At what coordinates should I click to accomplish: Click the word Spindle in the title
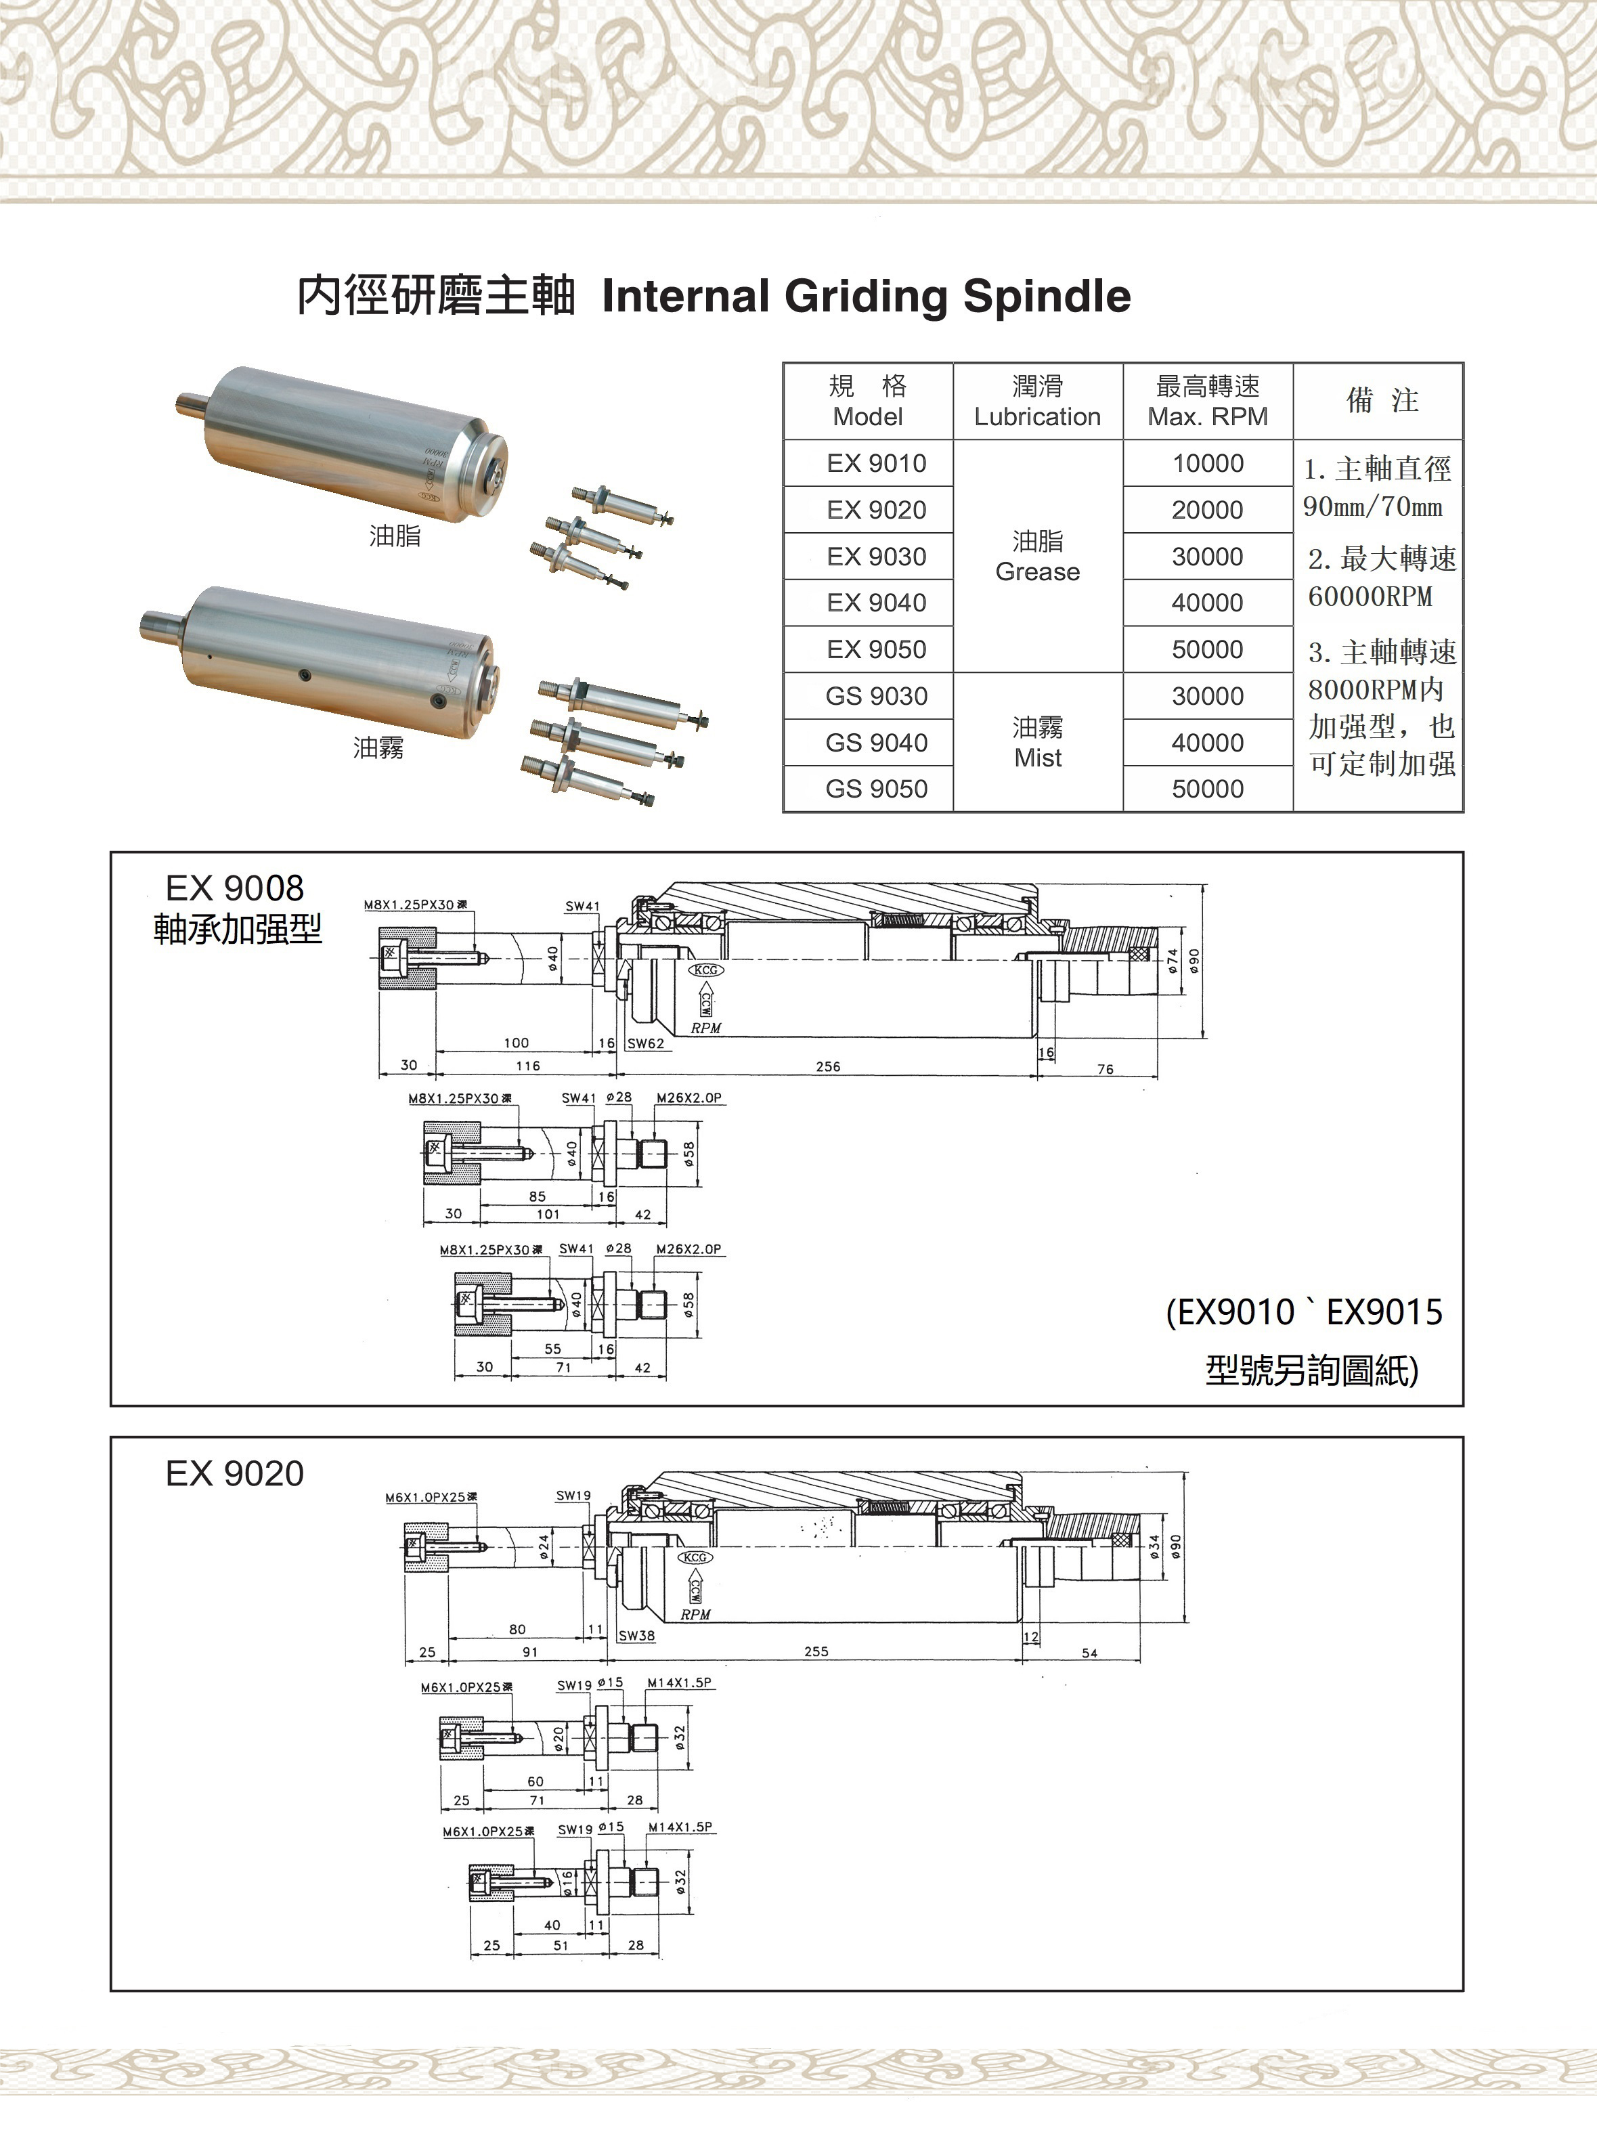[1046, 296]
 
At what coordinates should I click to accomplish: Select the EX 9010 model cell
[876, 464]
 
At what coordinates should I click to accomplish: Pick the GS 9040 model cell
[876, 743]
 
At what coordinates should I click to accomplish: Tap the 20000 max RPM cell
[1208, 510]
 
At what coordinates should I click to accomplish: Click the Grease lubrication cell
[1037, 557]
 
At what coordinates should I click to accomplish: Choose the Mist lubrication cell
[1037, 743]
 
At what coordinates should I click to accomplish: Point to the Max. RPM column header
[1208, 401]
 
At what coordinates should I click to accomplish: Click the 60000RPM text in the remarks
[1370, 596]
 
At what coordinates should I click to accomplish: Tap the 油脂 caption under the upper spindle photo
[395, 536]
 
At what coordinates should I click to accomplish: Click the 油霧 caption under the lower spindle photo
[378, 747]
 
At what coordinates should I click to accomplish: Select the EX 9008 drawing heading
[235, 888]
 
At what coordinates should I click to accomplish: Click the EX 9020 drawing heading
[235, 1473]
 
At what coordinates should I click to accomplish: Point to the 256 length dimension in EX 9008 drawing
[827, 1067]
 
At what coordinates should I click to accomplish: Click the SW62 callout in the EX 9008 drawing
[646, 1044]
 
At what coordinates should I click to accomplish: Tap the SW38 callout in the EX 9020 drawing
[636, 1636]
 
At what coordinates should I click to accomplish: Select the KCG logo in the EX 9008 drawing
[705, 970]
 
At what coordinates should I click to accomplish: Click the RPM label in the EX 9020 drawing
[695, 1615]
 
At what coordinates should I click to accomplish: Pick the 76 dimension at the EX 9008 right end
[1105, 1069]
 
